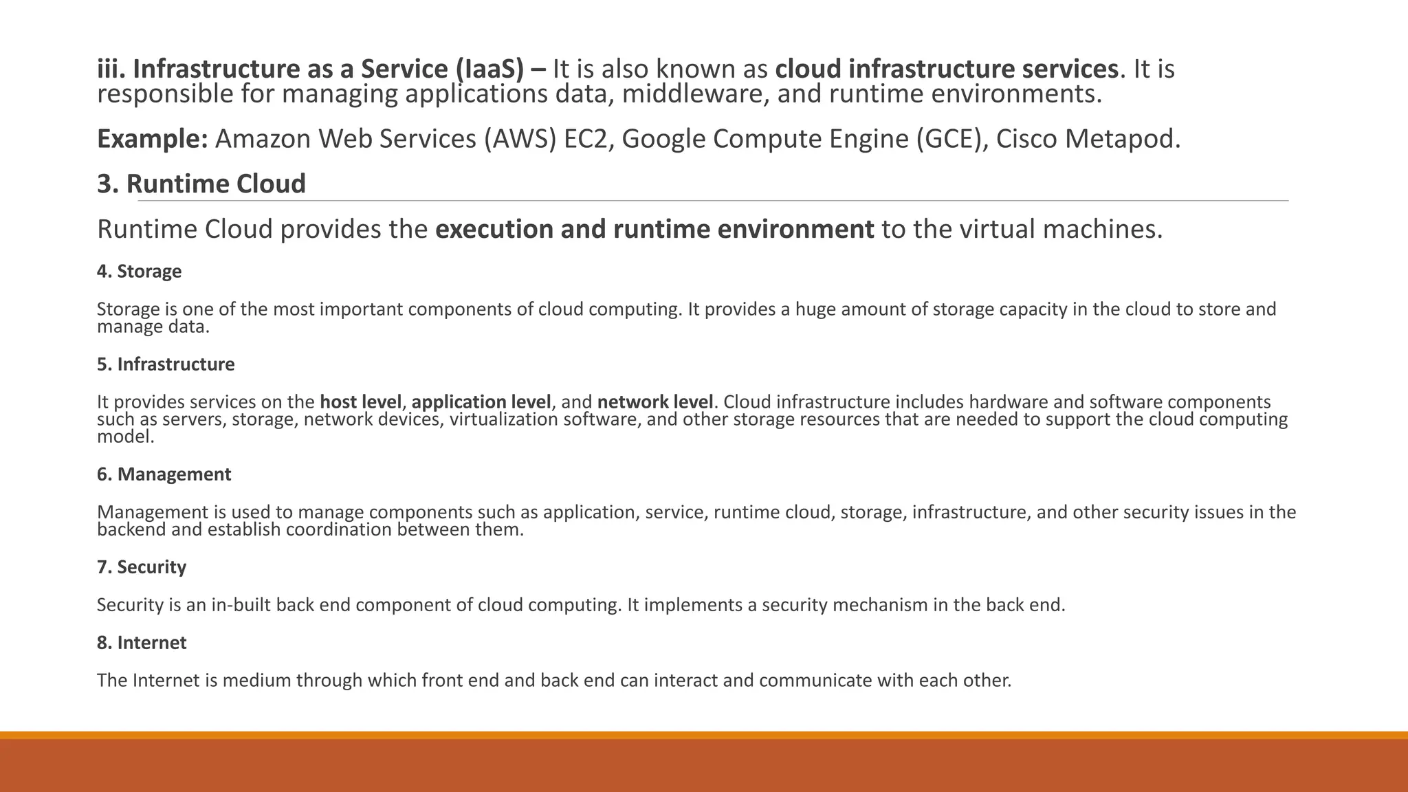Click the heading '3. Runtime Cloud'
pyautogui.click(x=201, y=184)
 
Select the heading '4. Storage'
pyautogui.click(x=139, y=272)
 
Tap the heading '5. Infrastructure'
pyautogui.click(x=166, y=364)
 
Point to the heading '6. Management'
pyautogui.click(x=164, y=474)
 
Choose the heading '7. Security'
pyautogui.click(x=141, y=567)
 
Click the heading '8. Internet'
pyautogui.click(x=141, y=643)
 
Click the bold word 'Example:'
pyautogui.click(x=152, y=139)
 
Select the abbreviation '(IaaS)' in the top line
pyautogui.click(x=488, y=69)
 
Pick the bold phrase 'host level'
pyautogui.click(x=360, y=402)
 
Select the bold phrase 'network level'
pyautogui.click(x=655, y=402)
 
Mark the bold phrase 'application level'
pyautogui.click(x=481, y=402)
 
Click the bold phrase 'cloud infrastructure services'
pyautogui.click(x=947, y=69)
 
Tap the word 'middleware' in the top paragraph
pyautogui.click(x=694, y=94)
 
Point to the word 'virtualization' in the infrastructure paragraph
pyautogui.click(x=504, y=419)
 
